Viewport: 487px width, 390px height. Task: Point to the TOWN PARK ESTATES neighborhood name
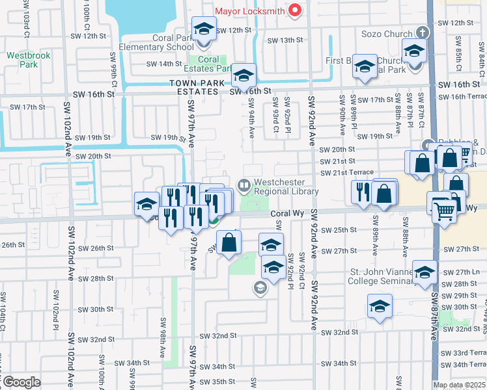pyautogui.click(x=194, y=87)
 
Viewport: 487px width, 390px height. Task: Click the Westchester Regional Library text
pyautogui.click(x=286, y=187)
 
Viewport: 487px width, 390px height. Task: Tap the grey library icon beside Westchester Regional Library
pyautogui.click(x=245, y=186)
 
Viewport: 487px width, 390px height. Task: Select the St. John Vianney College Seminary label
pyautogui.click(x=382, y=276)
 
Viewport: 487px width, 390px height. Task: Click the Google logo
pyautogui.click(x=21, y=382)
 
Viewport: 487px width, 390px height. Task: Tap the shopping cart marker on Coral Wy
pyautogui.click(x=444, y=210)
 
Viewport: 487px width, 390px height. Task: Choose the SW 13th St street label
pyautogui.click(x=286, y=40)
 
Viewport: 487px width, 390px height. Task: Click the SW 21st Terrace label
pyautogui.click(x=346, y=172)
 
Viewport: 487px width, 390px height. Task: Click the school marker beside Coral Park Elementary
pyautogui.click(x=204, y=29)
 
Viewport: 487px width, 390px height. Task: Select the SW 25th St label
pyautogui.click(x=338, y=230)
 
